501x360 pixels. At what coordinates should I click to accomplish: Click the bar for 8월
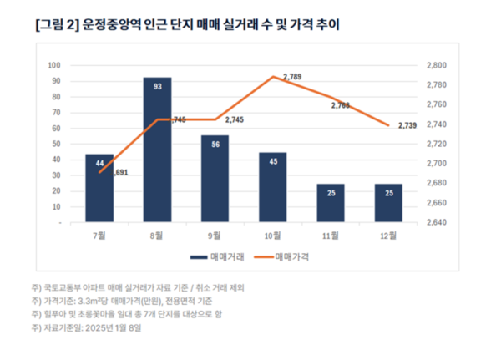point(157,150)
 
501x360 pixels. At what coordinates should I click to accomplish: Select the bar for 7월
point(99,189)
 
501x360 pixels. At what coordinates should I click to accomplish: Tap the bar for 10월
point(272,188)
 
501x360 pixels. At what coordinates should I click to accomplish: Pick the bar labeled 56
point(215,179)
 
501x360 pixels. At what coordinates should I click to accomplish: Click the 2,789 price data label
point(292,77)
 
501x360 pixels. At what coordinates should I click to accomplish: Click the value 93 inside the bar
point(157,86)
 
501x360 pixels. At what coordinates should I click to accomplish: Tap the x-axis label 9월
point(215,236)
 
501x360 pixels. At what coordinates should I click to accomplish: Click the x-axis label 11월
point(330,236)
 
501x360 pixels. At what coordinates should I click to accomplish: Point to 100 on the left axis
point(54,65)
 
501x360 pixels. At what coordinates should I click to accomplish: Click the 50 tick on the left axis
point(56,145)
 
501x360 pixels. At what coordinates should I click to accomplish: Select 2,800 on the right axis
point(438,65)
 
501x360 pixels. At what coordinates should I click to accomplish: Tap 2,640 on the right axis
point(438,224)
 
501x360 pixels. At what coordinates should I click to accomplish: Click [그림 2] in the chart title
point(56,26)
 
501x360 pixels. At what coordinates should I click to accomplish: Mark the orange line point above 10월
point(273,77)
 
